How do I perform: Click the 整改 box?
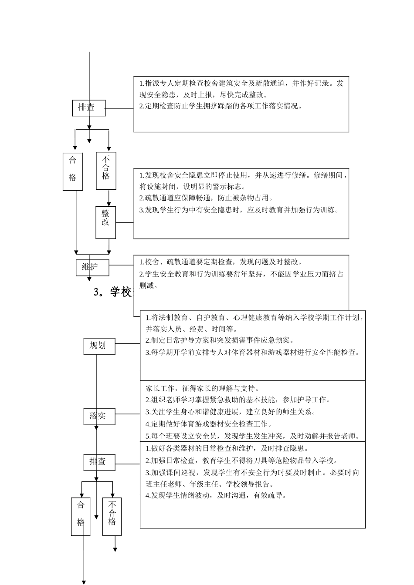[x=106, y=222]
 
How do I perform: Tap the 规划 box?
[x=99, y=346]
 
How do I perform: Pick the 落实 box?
[x=99, y=416]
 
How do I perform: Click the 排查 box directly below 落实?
[x=99, y=461]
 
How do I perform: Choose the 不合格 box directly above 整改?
[x=106, y=171]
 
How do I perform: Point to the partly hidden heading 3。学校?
[x=113, y=292]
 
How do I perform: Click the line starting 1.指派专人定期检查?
[x=241, y=84]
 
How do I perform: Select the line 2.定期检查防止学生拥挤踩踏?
[x=221, y=106]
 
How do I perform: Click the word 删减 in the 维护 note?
[x=149, y=286]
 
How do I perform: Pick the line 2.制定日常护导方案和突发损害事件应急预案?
[x=220, y=340]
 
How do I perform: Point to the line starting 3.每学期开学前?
[x=253, y=353]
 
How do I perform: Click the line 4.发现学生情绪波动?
[x=216, y=495]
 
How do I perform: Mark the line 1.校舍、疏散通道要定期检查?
[x=221, y=262]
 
